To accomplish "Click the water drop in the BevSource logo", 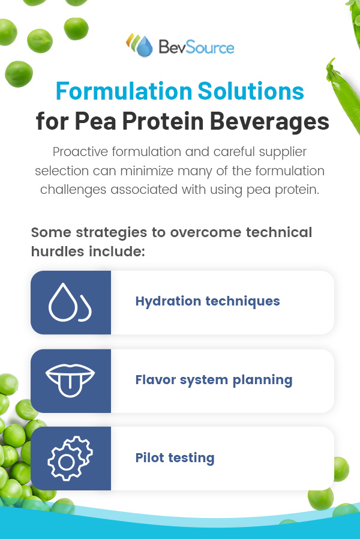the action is coord(145,46).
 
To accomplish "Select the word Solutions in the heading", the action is coord(251,91).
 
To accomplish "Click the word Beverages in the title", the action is coord(269,121).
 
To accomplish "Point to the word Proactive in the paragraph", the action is coord(80,152).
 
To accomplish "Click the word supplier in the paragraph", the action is coord(283,152).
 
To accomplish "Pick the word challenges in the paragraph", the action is coord(73,190).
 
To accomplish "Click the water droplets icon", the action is coord(70,302).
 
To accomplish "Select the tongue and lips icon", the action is coord(70,379).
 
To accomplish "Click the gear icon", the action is coord(70,458).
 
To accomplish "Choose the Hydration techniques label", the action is coord(208,301).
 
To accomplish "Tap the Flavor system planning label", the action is coord(214,380).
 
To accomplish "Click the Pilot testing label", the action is coord(175,458).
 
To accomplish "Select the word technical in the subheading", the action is coord(279,232).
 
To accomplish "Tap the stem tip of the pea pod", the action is coord(332,59).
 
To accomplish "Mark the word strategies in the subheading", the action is coord(111,233).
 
